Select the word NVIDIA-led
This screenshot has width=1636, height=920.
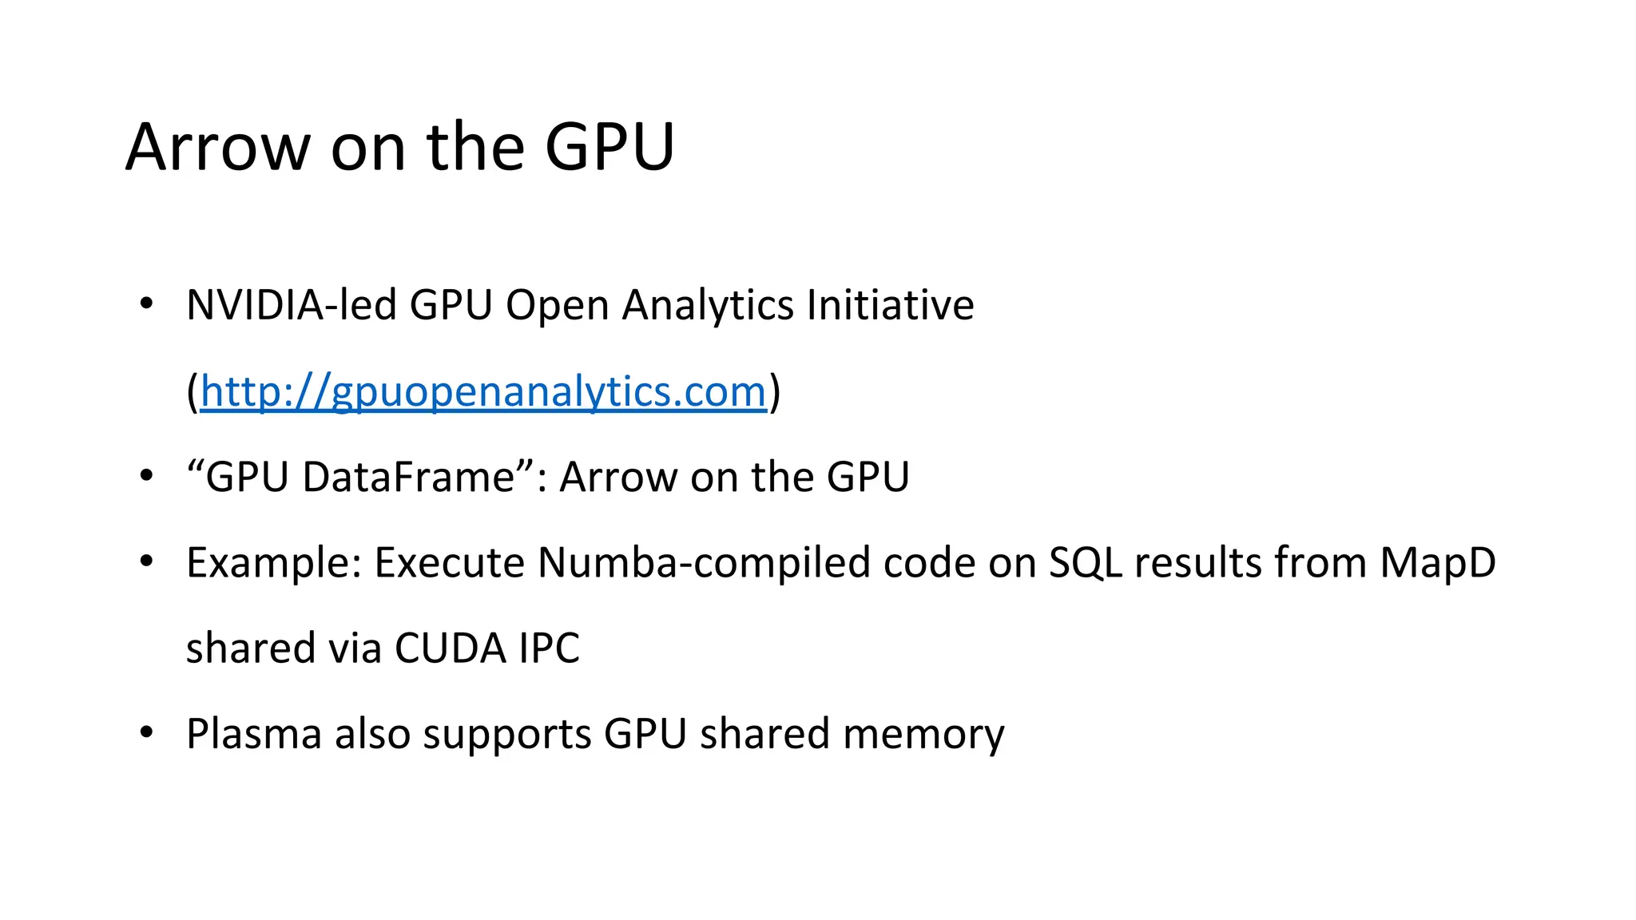[x=291, y=305]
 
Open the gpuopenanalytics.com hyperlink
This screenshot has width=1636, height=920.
[x=482, y=392]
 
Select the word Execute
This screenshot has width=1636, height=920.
[x=449, y=562]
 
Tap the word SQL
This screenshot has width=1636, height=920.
[x=1085, y=563]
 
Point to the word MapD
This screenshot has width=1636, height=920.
[x=1437, y=563]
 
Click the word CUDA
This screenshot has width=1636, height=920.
[x=450, y=648]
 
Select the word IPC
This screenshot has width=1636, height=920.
[x=549, y=648]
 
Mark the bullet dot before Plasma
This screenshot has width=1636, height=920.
[x=146, y=732]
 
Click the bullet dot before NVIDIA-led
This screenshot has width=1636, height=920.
[x=146, y=303]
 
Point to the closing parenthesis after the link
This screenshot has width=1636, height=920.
[x=774, y=392]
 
